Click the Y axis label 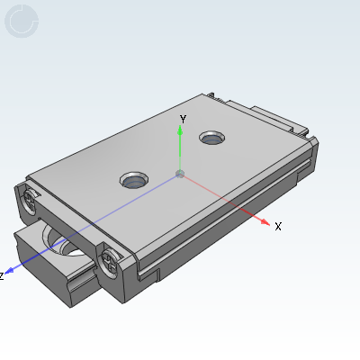pyautogui.click(x=183, y=119)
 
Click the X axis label pyautogui.click(x=278, y=227)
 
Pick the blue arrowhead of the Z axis pyautogui.click(x=11, y=268)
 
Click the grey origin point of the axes pyautogui.click(x=181, y=173)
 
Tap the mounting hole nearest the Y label pyautogui.click(x=212, y=139)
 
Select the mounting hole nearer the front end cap pyautogui.click(x=135, y=180)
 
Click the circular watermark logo pyautogui.click(x=22, y=22)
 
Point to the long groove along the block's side pyautogui.click(x=225, y=234)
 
